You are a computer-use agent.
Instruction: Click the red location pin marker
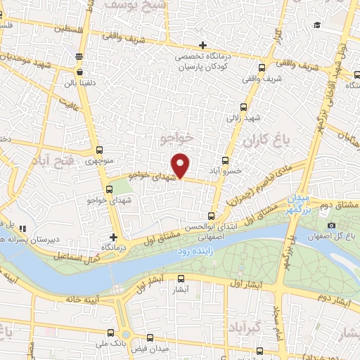pyautogui.click(x=181, y=165)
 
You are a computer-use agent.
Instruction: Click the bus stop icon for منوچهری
pyautogui.click(x=100, y=150)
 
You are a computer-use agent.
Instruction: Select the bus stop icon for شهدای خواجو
pyautogui.click(x=109, y=190)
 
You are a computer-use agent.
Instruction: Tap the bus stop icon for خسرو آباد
pyautogui.click(x=226, y=160)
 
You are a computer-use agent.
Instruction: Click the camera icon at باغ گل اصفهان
pyautogui.click(x=331, y=225)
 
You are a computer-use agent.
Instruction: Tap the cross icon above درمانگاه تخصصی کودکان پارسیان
pyautogui.click(x=202, y=45)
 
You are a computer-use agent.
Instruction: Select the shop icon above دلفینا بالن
pyautogui.click(x=80, y=72)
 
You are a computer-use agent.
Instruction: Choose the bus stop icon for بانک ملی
pyautogui.click(x=108, y=332)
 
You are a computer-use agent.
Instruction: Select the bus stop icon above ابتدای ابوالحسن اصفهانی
pyautogui.click(x=213, y=216)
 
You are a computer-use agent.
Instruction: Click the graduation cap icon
pyautogui.click(x=318, y=26)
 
